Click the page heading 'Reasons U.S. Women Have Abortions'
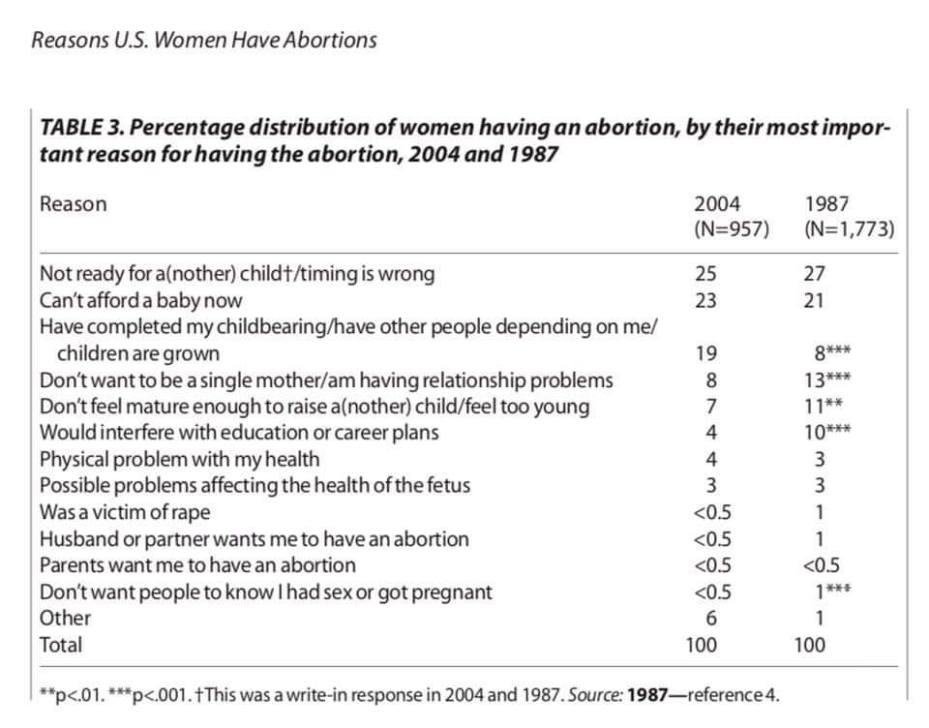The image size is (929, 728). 204,41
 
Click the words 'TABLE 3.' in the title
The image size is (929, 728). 81,128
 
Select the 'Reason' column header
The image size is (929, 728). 73,204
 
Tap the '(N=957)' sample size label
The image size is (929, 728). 732,228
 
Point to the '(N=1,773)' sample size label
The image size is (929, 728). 849,228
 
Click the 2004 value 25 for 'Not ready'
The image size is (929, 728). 705,273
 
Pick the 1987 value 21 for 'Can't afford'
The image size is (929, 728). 814,300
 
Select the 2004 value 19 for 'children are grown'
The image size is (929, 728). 706,353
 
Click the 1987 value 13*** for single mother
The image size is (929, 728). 827,380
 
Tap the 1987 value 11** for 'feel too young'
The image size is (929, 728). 823,406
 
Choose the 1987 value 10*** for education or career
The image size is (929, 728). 827,432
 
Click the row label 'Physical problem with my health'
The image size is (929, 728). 180,460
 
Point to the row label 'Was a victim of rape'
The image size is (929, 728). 125,512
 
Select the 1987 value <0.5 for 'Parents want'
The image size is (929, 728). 822,565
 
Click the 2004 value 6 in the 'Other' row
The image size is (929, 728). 711,619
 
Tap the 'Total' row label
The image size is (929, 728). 60,645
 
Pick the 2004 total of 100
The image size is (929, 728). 701,645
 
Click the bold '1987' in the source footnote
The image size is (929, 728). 647,694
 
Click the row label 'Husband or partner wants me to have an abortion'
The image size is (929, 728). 255,539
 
